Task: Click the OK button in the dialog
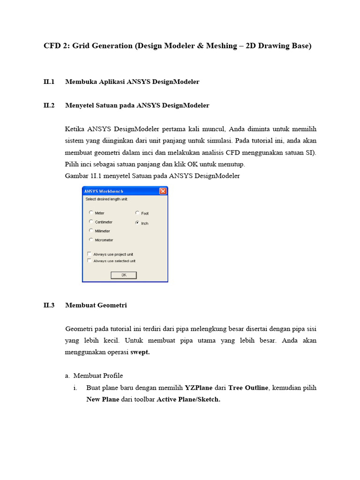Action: [123, 275]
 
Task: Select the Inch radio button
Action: [137, 223]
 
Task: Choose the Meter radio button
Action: [90, 213]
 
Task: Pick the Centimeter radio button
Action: [90, 222]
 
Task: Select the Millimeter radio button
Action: [90, 231]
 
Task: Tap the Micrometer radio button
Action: [90, 240]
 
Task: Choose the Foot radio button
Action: [137, 213]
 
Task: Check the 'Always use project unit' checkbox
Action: [90, 254]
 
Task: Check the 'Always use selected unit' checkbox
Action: [90, 261]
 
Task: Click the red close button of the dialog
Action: [163, 191]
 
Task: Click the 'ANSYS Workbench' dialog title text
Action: [100, 191]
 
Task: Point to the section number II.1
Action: [49, 82]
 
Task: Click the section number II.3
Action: [49, 305]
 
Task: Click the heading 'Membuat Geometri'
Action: [96, 305]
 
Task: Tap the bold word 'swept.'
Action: [140, 352]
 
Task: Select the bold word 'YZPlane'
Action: [199, 388]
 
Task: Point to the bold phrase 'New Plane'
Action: [103, 399]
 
